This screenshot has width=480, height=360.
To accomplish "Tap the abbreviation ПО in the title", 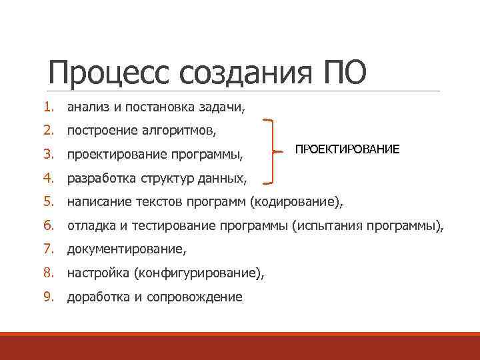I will (344, 73).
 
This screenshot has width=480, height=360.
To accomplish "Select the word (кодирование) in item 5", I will (297, 202).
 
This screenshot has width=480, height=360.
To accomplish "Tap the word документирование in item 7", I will (125, 250).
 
